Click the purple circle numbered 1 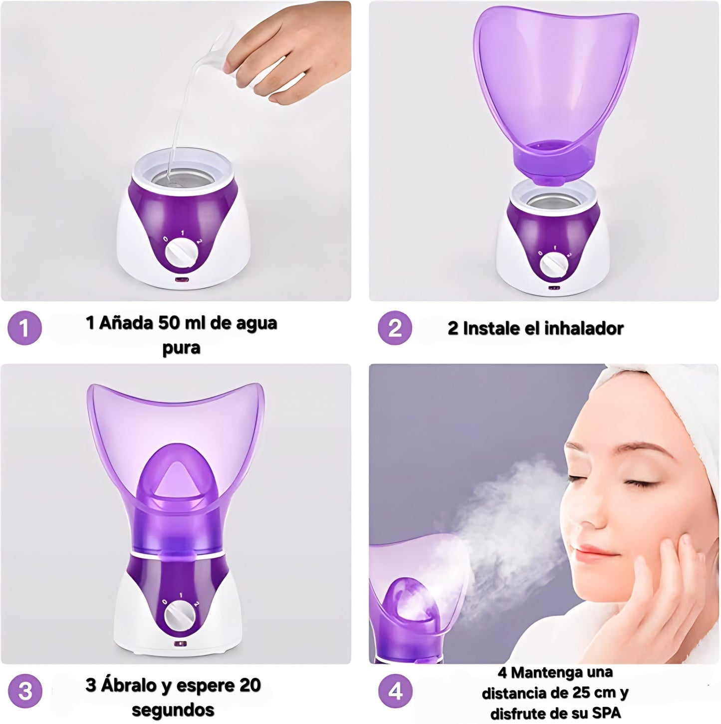pos(24,328)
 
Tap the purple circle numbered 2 pos(395,328)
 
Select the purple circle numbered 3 pos(24,691)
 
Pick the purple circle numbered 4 pos(395,692)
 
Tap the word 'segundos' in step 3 pos(173,710)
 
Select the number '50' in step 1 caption pos(169,323)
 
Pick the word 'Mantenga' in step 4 pos(562,673)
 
